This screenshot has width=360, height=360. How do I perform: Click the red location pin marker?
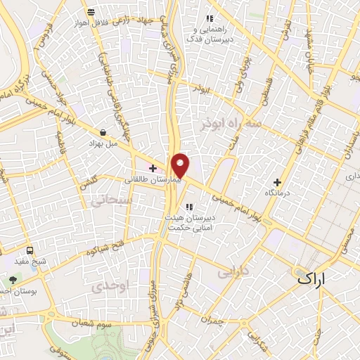(181, 165)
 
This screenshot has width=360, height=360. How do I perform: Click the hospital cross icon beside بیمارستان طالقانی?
(153, 167)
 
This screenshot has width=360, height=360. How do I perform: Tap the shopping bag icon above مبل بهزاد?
(103, 131)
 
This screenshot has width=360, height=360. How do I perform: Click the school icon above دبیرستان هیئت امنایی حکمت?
(188, 206)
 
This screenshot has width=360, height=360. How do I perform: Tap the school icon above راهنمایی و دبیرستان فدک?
(209, 19)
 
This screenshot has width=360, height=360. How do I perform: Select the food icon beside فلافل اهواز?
(91, 12)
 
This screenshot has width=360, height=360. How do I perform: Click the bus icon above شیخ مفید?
(30, 250)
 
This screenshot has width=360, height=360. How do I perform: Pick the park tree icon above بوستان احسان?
(13, 280)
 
